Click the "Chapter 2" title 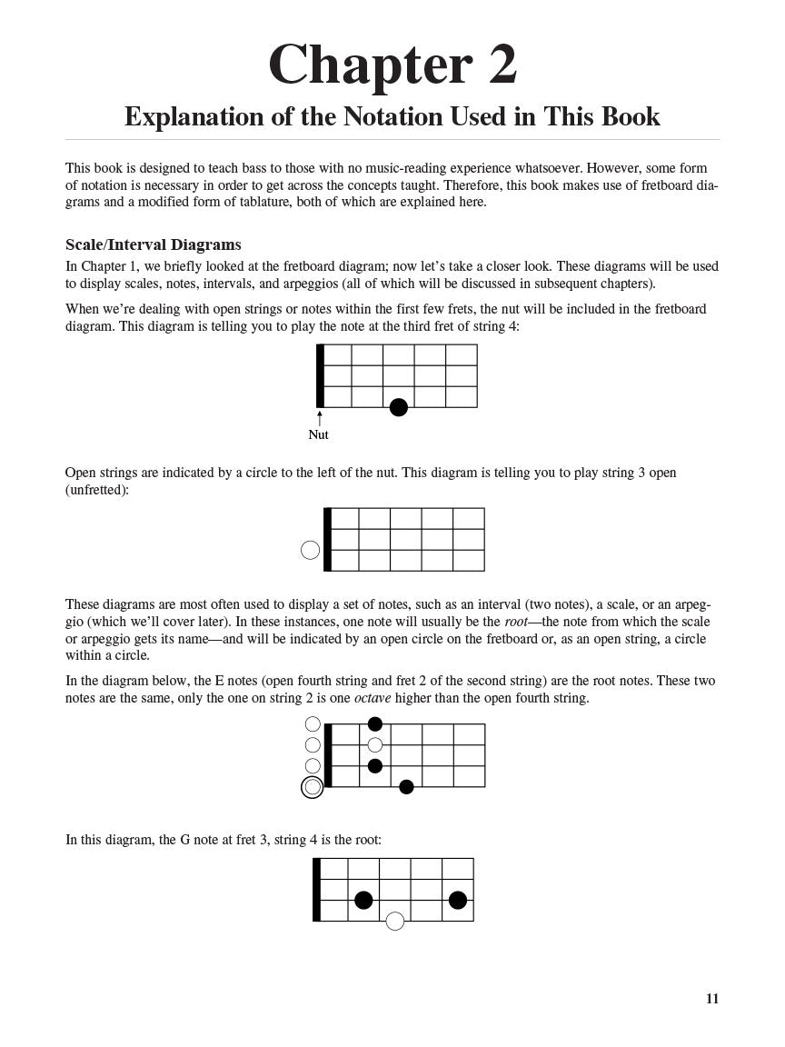pyautogui.click(x=392, y=65)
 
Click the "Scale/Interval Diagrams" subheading pyautogui.click(x=153, y=244)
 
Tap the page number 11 pyautogui.click(x=712, y=999)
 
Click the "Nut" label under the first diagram pyautogui.click(x=318, y=435)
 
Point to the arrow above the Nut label pyautogui.click(x=319, y=418)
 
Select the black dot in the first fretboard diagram pyautogui.click(x=398, y=407)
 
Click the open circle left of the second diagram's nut pyautogui.click(x=310, y=550)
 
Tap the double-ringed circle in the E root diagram pyautogui.click(x=313, y=787)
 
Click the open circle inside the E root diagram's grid pyautogui.click(x=374, y=745)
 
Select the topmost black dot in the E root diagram pyautogui.click(x=374, y=724)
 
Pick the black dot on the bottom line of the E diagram pyautogui.click(x=406, y=787)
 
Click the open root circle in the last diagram pyautogui.click(x=394, y=922)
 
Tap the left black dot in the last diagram pyautogui.click(x=363, y=901)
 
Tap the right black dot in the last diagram pyautogui.click(x=458, y=901)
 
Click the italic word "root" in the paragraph pyautogui.click(x=515, y=622)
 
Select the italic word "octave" pyautogui.click(x=373, y=698)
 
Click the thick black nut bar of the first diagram pyautogui.click(x=320, y=375)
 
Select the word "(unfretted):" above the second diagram pyautogui.click(x=99, y=490)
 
